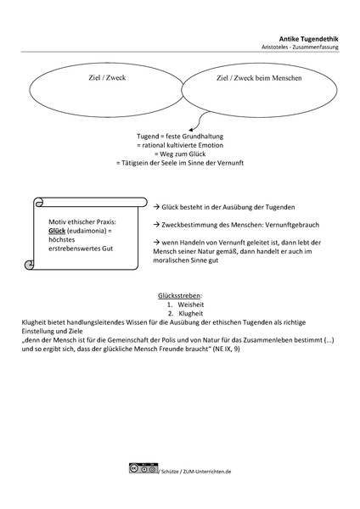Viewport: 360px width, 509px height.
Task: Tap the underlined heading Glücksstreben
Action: pyautogui.click(x=179, y=296)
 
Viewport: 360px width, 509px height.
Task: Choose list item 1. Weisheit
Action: pyautogui.click(x=184, y=305)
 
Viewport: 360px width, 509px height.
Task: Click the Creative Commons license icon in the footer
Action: pyautogui.click(x=143, y=467)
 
